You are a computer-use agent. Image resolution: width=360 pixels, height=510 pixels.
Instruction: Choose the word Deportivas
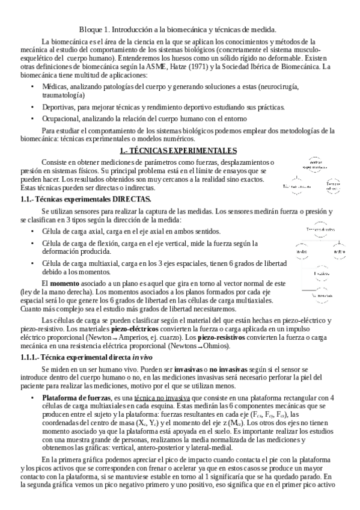61,106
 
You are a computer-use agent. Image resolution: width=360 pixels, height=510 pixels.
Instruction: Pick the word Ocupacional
64,118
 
